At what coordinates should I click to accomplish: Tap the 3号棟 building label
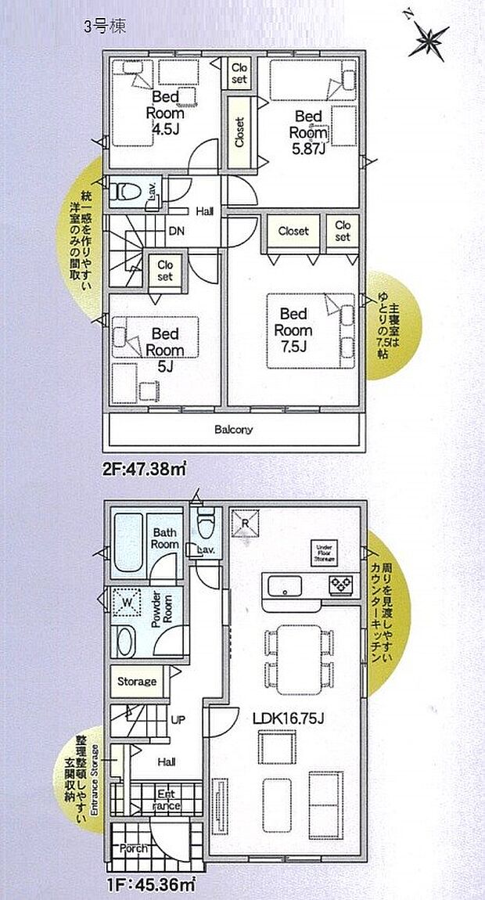(104, 25)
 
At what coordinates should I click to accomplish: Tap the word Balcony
(234, 430)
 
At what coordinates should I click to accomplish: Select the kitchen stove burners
(341, 583)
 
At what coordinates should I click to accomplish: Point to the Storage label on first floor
(136, 682)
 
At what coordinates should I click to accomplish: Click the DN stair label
(176, 232)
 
